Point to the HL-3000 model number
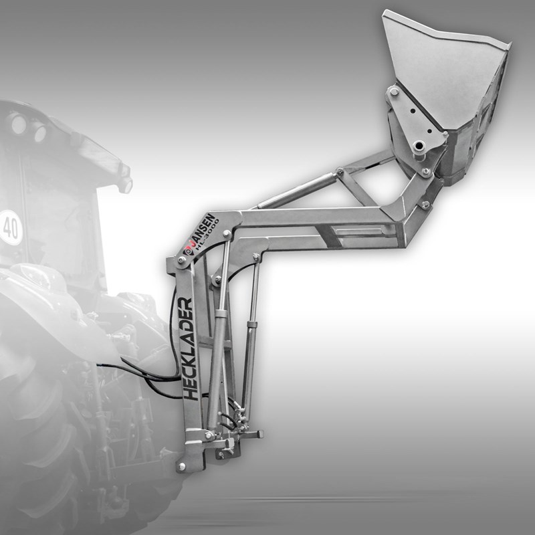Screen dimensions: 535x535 pyautogui.click(x=207, y=235)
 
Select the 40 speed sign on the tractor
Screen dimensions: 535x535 pyautogui.click(x=10, y=227)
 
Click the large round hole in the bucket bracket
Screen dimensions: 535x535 pyautogui.click(x=419, y=147)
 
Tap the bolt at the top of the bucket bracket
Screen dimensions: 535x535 pyautogui.click(x=395, y=92)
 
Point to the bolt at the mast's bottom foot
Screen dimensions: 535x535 pyautogui.click(x=182, y=465)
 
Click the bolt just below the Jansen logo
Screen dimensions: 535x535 pyautogui.click(x=181, y=261)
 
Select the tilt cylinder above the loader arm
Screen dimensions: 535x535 pyautogui.click(x=296, y=190)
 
